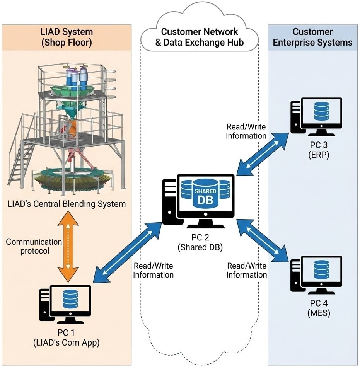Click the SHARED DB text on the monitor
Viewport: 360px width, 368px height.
coord(205,196)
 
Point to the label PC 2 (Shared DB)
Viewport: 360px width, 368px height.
coord(200,243)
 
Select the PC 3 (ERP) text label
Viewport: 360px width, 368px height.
coord(316,151)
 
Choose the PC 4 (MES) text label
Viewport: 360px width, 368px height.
coord(316,308)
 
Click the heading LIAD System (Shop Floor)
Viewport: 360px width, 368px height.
coord(67,37)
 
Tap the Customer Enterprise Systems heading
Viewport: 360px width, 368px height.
coord(313,37)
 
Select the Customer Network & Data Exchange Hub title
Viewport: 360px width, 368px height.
coord(200,37)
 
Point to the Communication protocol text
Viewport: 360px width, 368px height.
coord(34,246)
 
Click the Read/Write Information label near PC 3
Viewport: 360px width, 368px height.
coord(246,132)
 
